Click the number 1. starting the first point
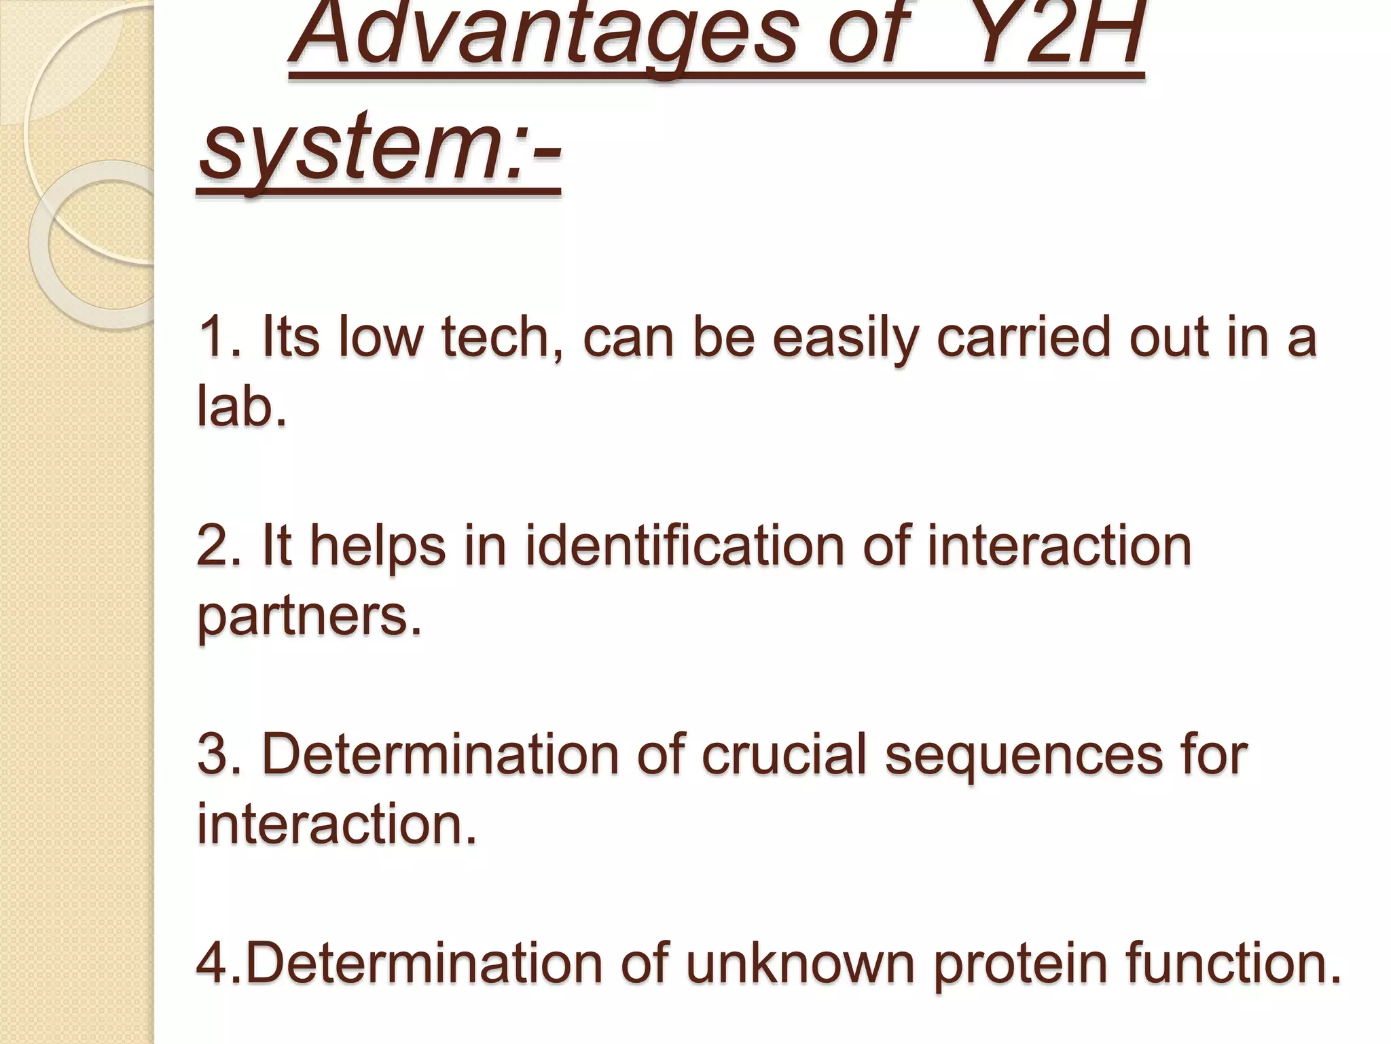[219, 338]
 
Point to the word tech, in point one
[503, 338]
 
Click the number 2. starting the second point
[219, 546]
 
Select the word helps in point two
[378, 546]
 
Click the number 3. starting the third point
[219, 755]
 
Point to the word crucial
[784, 755]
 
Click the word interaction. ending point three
[337, 824]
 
